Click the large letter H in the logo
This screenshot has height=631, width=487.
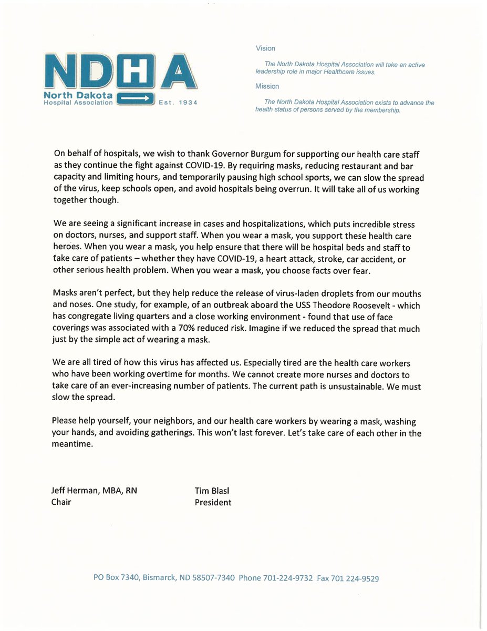point(136,71)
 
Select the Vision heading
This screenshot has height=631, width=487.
point(265,48)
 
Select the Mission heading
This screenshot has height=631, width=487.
point(267,86)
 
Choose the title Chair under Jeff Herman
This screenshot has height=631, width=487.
point(62,502)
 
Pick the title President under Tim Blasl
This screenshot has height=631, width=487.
point(213,502)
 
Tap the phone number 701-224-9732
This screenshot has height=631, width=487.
point(288,578)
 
